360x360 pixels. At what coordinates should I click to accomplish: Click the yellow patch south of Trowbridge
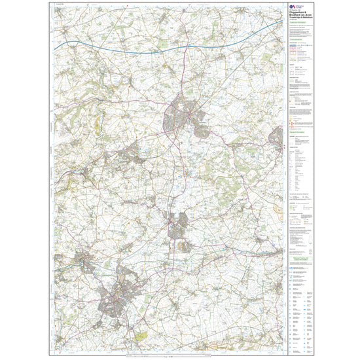click(141, 336)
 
